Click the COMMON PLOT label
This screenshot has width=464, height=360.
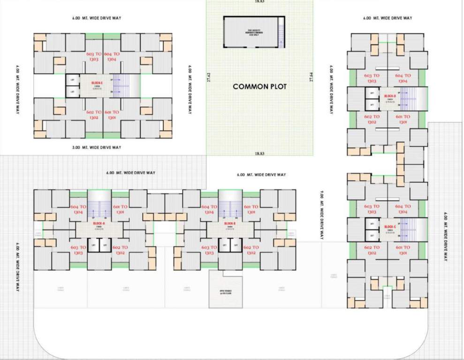[259, 86]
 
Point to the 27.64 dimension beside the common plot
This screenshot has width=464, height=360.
[311, 77]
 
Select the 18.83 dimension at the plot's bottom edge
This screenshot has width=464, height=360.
[259, 153]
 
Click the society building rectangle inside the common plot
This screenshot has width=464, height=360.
[254, 32]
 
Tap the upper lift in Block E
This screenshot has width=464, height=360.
[72, 81]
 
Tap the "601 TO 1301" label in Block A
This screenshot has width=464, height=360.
[120, 210]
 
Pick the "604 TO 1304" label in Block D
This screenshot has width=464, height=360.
[403, 78]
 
